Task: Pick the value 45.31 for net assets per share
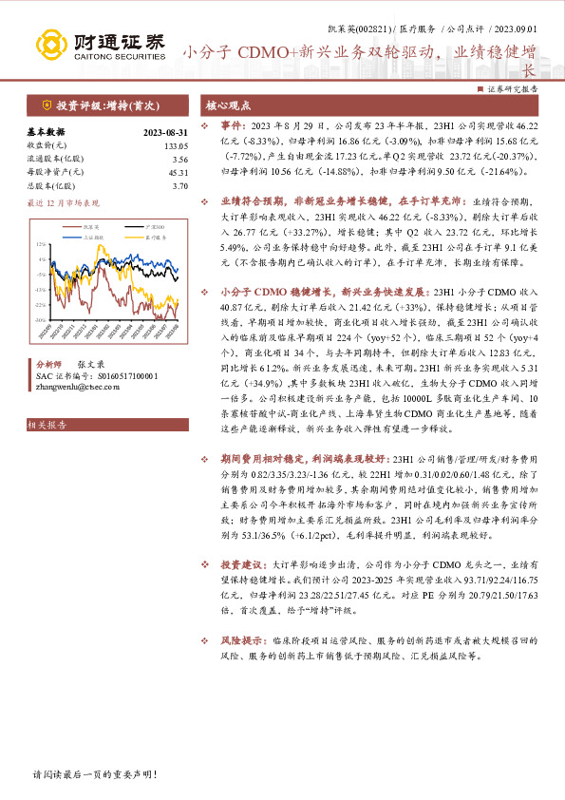point(178,172)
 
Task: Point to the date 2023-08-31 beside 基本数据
point(164,132)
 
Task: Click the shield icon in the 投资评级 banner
point(46,105)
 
